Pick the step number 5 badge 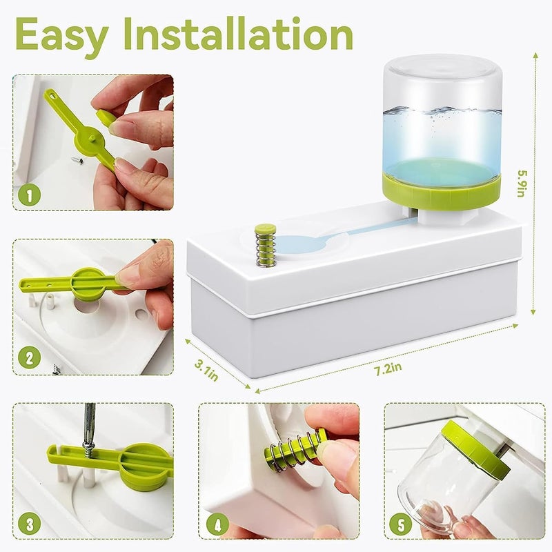click(x=401, y=523)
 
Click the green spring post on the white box click(x=265, y=245)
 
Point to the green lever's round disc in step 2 click(x=90, y=283)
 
